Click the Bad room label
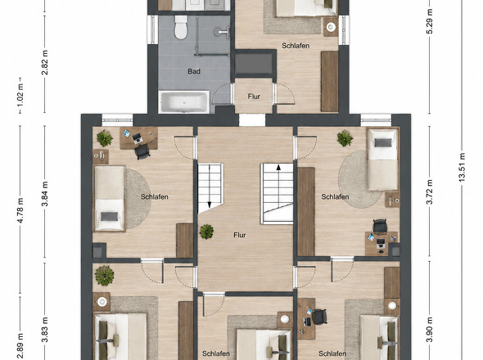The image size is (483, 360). click(194, 71)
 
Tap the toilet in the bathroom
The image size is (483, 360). click(181, 27)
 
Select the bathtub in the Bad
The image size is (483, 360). click(184, 102)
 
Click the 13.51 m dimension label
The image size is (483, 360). click(462, 167)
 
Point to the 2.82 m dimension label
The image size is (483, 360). click(45, 63)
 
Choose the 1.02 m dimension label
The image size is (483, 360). click(20, 95)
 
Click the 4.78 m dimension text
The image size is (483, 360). click(20, 210)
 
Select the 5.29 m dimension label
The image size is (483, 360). click(430, 21)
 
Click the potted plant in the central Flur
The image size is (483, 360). click(206, 232)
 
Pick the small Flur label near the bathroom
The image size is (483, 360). click(254, 97)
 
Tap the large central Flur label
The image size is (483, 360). click(240, 236)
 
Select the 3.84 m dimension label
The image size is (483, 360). click(45, 194)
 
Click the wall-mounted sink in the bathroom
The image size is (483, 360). click(224, 31)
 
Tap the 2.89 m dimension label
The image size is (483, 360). click(20, 345)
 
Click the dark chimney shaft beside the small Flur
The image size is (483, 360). click(254, 64)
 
